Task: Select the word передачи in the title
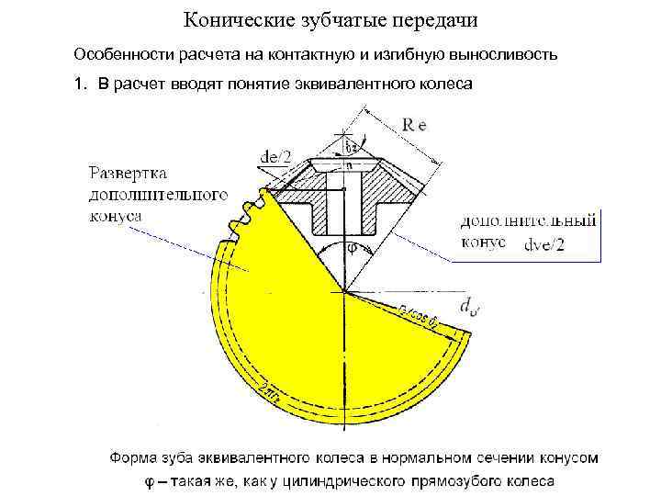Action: pos(440,18)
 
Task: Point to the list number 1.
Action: pos(80,85)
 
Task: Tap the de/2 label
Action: pos(274,158)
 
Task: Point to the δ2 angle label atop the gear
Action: pos(350,146)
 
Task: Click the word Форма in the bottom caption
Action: pos(133,457)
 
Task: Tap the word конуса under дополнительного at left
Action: pos(116,213)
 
